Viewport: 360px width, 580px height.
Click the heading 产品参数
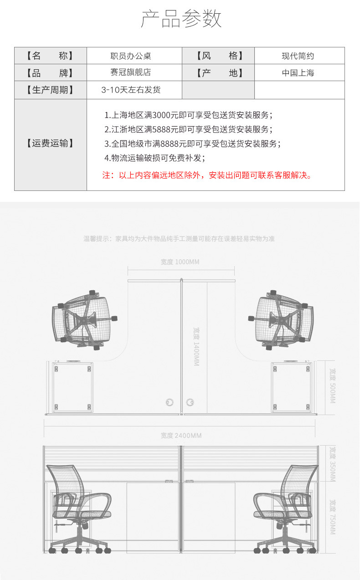(181, 19)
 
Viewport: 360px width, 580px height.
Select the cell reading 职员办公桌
(131, 56)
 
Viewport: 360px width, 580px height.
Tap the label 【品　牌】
(50, 73)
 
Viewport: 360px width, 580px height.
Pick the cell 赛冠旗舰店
(131, 73)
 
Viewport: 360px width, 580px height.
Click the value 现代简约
(298, 56)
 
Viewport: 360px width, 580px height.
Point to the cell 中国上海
(298, 73)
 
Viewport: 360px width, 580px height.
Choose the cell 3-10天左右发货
(131, 90)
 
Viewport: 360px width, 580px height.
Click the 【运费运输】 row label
(50, 144)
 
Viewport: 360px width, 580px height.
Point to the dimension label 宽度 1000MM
(180, 262)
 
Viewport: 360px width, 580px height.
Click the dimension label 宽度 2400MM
(181, 436)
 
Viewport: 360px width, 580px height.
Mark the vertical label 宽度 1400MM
(196, 347)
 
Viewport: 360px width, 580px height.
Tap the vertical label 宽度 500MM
(332, 386)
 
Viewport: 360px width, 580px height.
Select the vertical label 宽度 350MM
(332, 464)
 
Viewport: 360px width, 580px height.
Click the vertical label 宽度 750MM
(332, 517)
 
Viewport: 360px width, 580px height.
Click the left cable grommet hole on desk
(170, 402)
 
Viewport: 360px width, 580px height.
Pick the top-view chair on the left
(85, 319)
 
